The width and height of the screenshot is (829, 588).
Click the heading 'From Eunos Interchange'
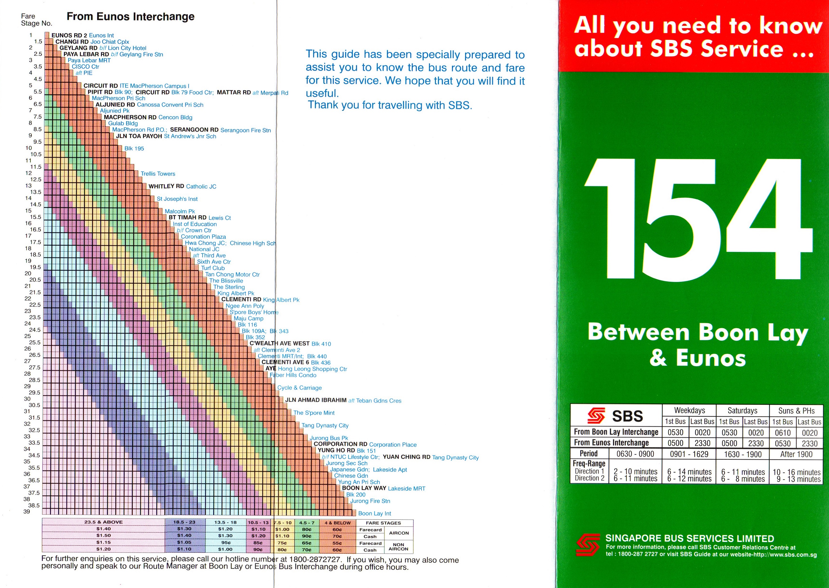point(131,17)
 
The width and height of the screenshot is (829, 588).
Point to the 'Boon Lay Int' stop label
point(375,514)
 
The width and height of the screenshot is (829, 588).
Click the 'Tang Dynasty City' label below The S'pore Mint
point(325,426)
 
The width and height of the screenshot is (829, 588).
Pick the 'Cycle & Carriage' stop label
point(299,388)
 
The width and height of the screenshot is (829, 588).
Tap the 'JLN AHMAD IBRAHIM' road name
point(316,400)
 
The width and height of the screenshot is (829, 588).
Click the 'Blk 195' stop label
point(134,148)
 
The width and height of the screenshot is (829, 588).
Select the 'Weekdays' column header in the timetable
point(689,410)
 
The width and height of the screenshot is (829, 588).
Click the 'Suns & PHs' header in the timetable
point(796,411)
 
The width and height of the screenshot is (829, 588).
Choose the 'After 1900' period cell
point(796,454)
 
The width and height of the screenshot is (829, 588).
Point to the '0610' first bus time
point(783,433)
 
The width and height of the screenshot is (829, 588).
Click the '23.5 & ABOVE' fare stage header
point(103,522)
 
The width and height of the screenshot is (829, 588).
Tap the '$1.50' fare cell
point(103,535)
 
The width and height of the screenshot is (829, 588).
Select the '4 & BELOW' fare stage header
point(337,523)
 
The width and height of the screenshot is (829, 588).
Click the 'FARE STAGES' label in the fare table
point(383,523)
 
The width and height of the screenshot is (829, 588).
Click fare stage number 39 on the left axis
point(27,512)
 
